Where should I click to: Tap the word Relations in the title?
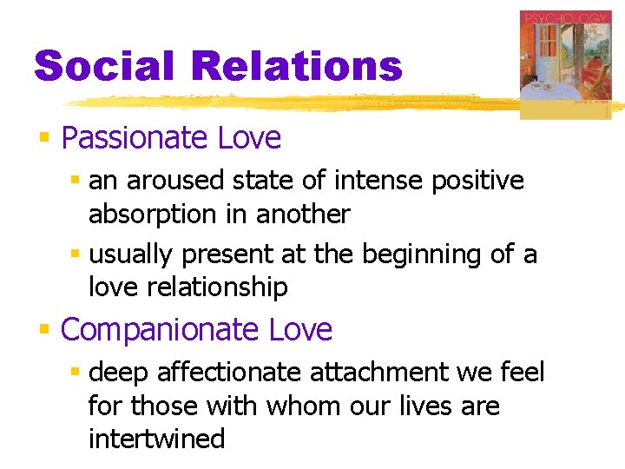[298, 66]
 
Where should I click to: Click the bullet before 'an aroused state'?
[76, 182]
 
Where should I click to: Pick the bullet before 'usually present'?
[76, 255]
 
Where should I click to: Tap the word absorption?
[145, 214]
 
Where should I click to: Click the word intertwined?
[156, 439]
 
